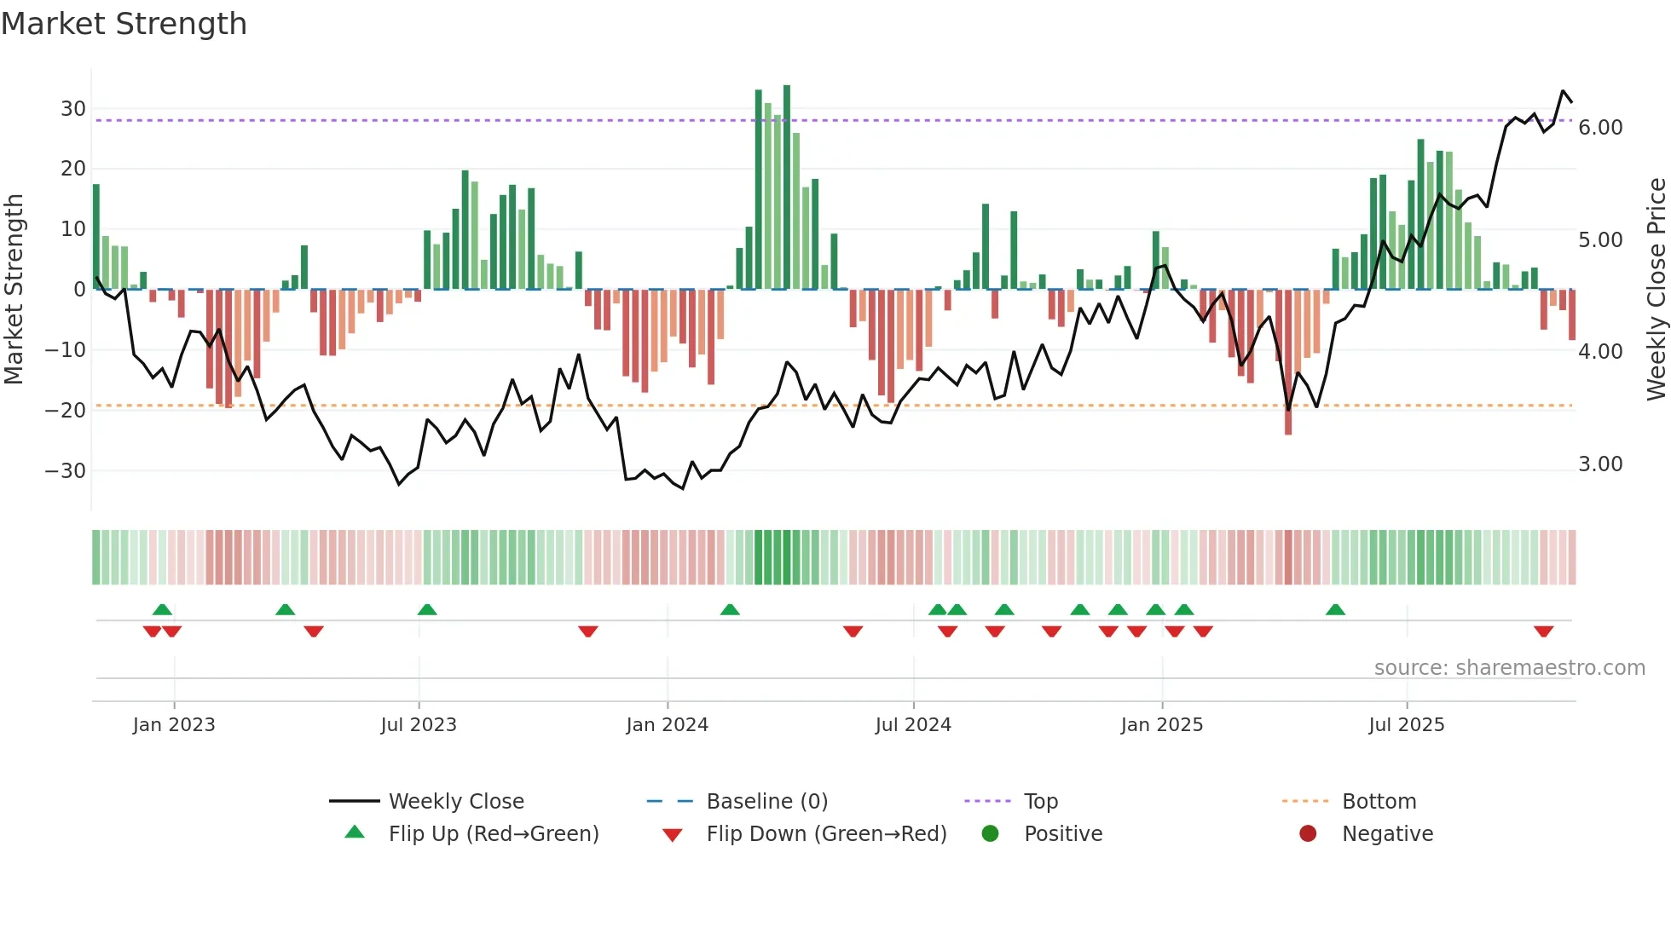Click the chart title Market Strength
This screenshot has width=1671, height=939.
(x=124, y=24)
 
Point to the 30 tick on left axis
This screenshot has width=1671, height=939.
(x=73, y=109)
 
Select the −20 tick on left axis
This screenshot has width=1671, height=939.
(x=66, y=411)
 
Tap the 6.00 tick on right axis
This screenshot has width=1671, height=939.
(x=1600, y=128)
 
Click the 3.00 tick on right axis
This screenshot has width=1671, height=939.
(x=1600, y=464)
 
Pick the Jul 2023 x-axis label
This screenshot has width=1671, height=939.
(x=419, y=725)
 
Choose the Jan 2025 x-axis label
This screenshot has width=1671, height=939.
(x=1161, y=725)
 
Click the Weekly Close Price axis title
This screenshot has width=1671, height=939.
(x=1656, y=290)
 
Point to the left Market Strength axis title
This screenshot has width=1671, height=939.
(x=14, y=290)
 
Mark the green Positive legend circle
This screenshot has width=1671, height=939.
(x=990, y=834)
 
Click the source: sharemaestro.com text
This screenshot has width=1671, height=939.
(x=1509, y=668)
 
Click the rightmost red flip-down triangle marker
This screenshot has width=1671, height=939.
(x=1543, y=631)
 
